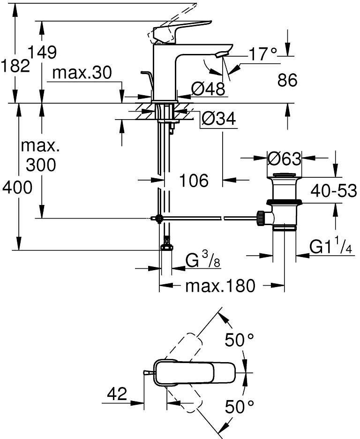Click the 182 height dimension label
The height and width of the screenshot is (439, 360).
click(15, 66)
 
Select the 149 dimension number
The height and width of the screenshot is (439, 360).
click(42, 52)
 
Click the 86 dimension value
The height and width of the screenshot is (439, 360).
click(287, 80)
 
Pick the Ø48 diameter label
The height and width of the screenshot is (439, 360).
click(208, 88)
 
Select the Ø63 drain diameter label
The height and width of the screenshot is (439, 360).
click(284, 159)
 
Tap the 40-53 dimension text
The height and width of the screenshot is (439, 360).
click(333, 191)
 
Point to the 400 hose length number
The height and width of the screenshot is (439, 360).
click(17, 188)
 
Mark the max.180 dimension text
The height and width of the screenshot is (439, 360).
click(220, 285)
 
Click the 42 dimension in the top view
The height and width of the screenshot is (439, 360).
click(116, 394)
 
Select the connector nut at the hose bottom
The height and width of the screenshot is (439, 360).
click(165, 248)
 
